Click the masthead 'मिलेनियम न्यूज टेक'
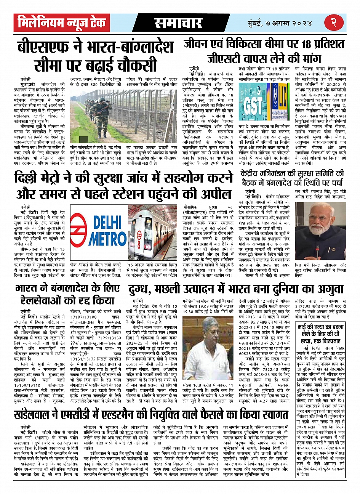pos(62,23)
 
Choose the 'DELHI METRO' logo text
pos(102,231)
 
